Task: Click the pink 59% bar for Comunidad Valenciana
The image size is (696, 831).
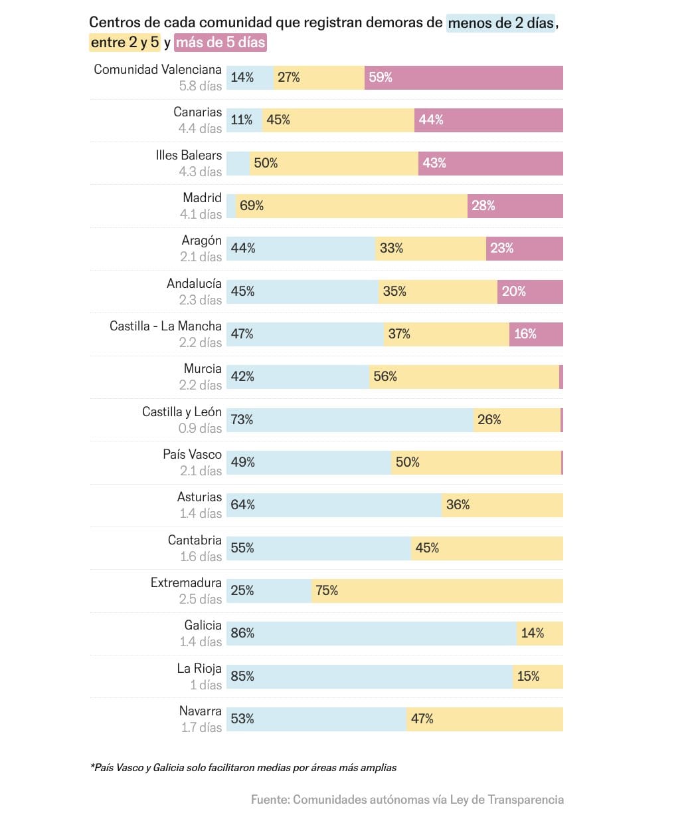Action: [464, 78]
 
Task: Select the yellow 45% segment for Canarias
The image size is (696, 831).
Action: [338, 120]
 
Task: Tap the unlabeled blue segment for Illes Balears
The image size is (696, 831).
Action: [238, 164]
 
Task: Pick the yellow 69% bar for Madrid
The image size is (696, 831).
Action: [351, 206]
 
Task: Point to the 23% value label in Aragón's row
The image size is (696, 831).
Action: [501, 249]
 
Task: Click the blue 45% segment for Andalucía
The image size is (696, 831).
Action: [302, 292]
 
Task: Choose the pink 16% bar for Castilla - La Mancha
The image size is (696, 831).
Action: [536, 334]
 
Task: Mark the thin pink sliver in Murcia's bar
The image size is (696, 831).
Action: [561, 377]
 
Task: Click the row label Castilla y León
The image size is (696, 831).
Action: [181, 412]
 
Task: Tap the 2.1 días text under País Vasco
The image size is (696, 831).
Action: [201, 471]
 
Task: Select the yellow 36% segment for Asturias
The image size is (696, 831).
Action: [502, 505]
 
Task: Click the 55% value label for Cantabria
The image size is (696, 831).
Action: [242, 548]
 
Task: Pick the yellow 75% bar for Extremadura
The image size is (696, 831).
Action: [437, 591]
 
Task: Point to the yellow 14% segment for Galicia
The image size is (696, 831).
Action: [540, 634]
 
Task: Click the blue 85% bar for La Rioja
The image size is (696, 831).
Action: [369, 677]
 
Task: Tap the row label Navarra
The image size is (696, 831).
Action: [200, 711]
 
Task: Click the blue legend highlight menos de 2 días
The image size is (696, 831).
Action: [501, 23]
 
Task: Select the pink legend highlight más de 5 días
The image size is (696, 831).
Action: [220, 43]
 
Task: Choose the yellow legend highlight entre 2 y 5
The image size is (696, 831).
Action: [125, 43]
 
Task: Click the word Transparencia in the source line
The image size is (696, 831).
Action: [525, 800]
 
